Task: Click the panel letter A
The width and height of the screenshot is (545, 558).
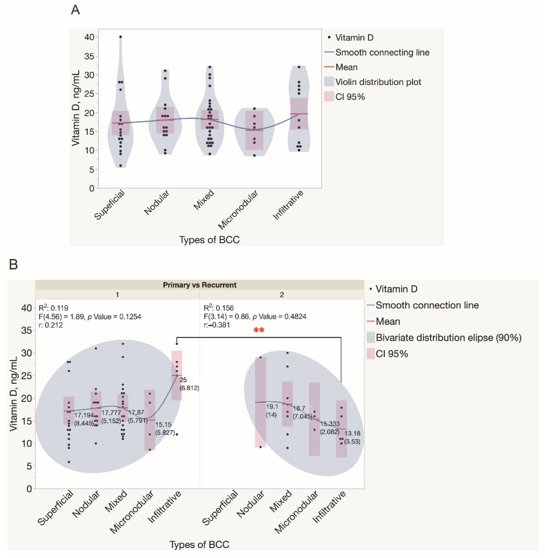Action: (75, 10)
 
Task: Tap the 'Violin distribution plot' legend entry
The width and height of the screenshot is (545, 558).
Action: (378, 82)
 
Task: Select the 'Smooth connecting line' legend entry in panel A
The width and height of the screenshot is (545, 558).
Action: (382, 53)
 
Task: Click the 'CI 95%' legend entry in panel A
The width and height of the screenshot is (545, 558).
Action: (350, 97)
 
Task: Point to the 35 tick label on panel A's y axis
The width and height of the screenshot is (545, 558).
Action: (89, 56)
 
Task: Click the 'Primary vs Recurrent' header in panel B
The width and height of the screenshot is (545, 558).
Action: (200, 285)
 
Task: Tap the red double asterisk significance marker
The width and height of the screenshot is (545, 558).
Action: (259, 330)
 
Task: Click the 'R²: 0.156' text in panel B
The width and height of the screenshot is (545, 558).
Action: (219, 308)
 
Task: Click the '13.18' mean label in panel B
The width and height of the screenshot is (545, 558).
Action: (352, 433)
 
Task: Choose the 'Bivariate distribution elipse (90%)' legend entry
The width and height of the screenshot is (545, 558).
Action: (448, 338)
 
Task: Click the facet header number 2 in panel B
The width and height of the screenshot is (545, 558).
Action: (282, 295)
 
